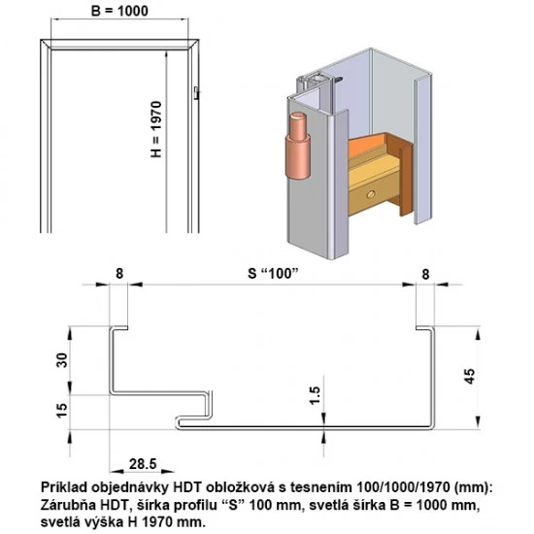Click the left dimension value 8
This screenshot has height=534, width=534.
click(x=119, y=275)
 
